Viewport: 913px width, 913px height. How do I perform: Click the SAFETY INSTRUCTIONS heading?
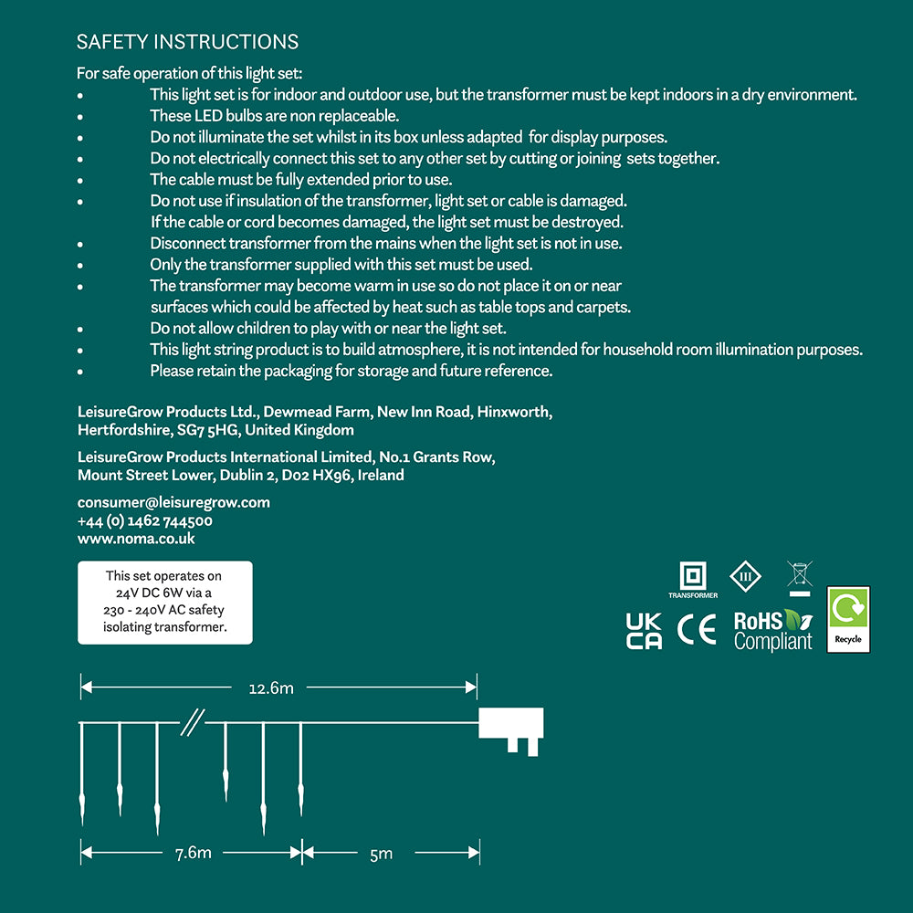click(x=187, y=42)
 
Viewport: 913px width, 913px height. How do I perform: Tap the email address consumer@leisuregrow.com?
click(x=173, y=502)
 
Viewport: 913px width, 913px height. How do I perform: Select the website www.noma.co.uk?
click(x=136, y=539)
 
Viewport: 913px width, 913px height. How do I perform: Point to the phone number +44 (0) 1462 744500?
click(x=145, y=520)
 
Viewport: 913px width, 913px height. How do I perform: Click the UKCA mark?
click(x=644, y=630)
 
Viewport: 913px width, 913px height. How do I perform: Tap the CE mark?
click(x=697, y=629)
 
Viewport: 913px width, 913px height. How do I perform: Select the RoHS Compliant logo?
click(x=773, y=630)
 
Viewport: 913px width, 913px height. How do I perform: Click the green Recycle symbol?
click(x=848, y=620)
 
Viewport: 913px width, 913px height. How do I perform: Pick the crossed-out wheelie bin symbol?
click(x=800, y=577)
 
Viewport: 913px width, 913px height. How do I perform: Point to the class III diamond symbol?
click(x=745, y=576)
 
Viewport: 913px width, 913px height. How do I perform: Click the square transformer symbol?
click(x=693, y=576)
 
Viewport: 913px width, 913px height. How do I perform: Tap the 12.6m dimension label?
click(x=271, y=687)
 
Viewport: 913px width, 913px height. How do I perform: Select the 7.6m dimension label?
click(x=193, y=853)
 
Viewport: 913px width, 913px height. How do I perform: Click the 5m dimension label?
click(x=382, y=853)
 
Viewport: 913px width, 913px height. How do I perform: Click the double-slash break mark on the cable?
click(x=191, y=723)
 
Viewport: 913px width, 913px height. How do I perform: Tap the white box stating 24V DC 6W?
click(x=164, y=602)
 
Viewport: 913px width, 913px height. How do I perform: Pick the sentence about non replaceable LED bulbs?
click(x=275, y=116)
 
